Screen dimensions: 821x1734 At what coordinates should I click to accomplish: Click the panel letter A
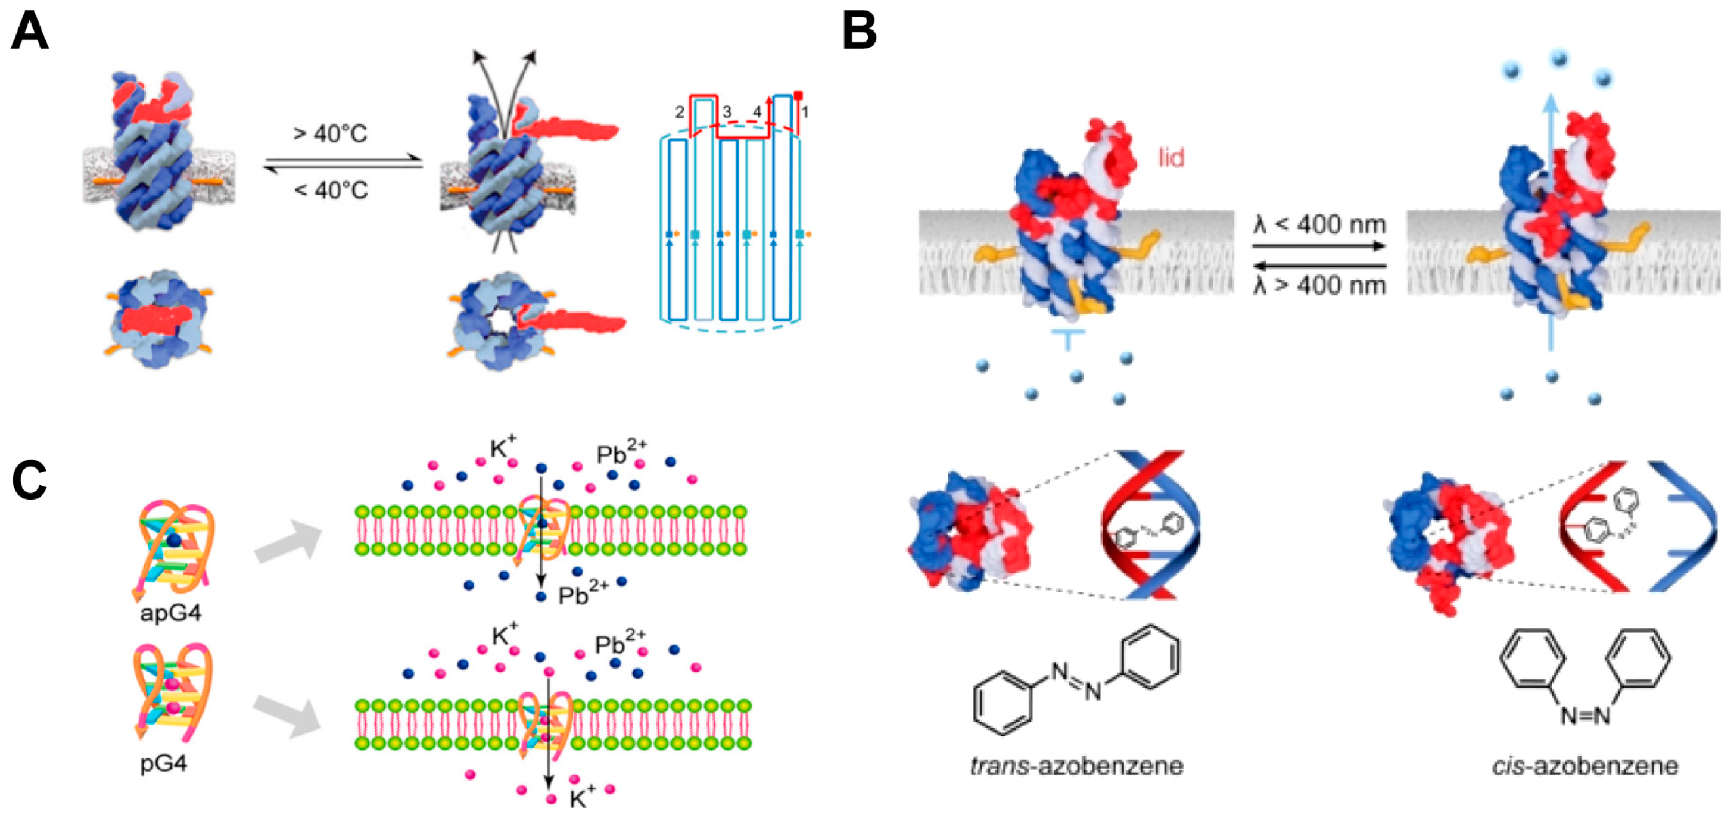coord(29,32)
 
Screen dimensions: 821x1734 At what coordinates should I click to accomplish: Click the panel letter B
coord(860,32)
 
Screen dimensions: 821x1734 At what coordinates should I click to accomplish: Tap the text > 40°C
coord(330,134)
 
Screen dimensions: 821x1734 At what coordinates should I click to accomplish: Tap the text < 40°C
coord(331,191)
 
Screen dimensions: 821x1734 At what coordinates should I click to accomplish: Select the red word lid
coord(1170,158)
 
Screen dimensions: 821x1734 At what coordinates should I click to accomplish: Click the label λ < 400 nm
coord(1319,225)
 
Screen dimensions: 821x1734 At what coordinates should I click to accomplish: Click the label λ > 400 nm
coord(1319,285)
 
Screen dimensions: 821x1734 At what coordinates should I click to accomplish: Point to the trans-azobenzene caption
coord(1076,766)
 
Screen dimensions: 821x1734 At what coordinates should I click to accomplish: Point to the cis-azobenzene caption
coord(1584,766)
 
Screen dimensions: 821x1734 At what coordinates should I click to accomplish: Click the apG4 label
coord(170,613)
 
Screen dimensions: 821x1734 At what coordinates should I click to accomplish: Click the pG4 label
coord(164,764)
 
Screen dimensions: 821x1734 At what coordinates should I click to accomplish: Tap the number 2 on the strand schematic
coord(680,113)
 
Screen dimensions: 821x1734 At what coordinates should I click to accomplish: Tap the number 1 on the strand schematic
coord(804,113)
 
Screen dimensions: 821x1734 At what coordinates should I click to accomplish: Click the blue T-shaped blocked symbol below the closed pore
coord(1067,339)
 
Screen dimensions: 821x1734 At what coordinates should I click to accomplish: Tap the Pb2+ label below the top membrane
coord(583,594)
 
